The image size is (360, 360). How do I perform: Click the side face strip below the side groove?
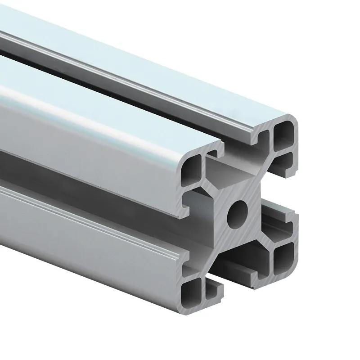coord(90,225)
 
